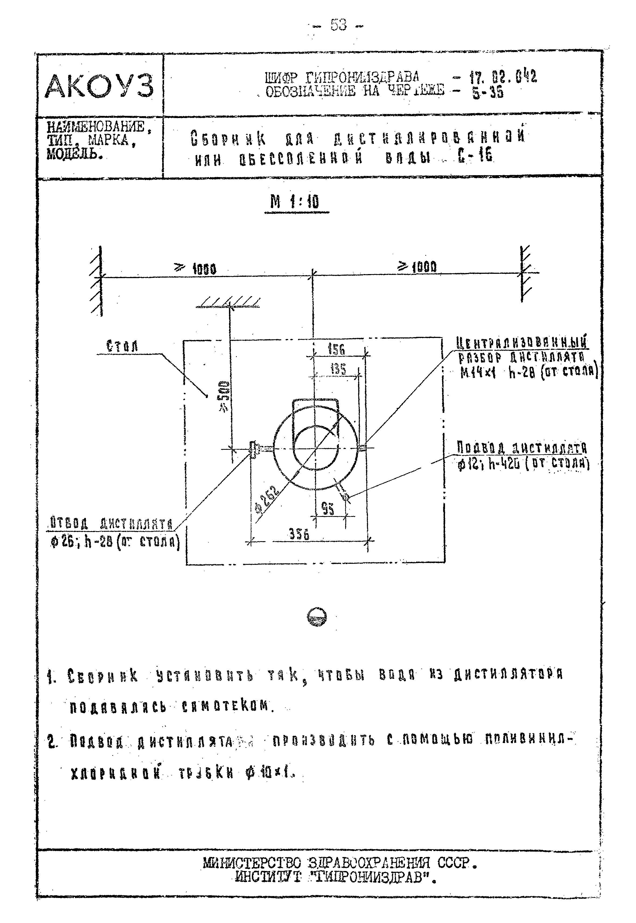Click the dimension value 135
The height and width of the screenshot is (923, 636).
click(x=338, y=369)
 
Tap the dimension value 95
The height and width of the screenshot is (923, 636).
click(x=328, y=509)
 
